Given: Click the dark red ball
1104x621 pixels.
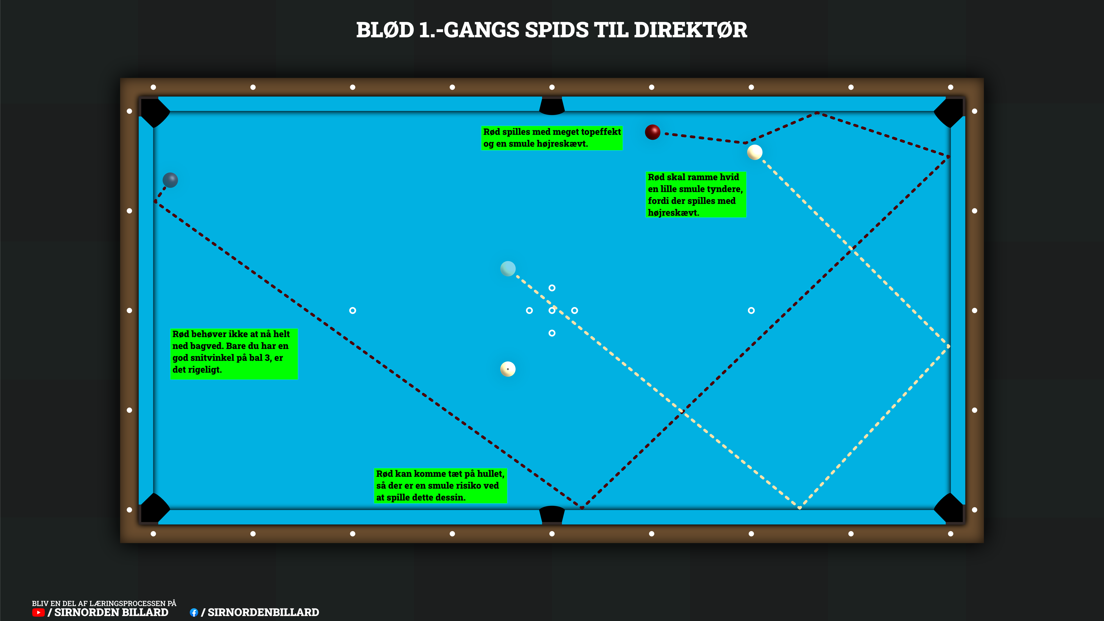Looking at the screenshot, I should [x=652, y=132].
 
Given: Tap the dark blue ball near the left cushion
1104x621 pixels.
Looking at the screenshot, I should [x=170, y=180].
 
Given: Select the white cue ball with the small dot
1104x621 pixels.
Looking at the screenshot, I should [x=508, y=369].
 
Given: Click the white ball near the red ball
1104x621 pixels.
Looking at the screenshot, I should [x=755, y=152].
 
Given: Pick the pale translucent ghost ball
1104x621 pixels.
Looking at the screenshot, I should [x=508, y=269].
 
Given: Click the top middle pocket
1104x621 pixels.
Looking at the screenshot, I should [x=552, y=106].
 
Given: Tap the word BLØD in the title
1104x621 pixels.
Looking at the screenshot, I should [x=385, y=30].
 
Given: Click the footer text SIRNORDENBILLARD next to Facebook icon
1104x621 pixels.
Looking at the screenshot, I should [x=263, y=612].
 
